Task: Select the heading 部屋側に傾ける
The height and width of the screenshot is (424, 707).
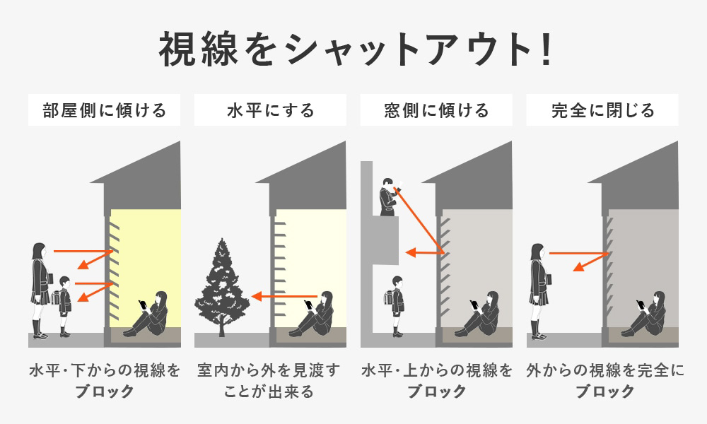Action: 104,110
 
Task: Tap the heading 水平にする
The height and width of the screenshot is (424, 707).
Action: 270,110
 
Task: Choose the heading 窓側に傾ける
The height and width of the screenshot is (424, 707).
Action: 436,110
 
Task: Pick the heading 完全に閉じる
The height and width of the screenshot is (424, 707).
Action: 602,110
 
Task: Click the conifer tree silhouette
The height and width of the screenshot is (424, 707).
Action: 221,287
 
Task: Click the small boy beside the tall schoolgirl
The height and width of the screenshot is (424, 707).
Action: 64,307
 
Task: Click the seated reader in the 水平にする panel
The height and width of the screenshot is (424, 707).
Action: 312,314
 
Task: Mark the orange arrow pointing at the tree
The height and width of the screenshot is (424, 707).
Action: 284,297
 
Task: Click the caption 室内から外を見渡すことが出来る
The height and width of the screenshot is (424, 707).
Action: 269,381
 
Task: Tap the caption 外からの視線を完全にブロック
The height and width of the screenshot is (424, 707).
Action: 605,381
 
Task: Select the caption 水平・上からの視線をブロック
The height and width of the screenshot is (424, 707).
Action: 436,381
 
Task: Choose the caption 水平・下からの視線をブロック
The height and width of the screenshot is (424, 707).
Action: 105,381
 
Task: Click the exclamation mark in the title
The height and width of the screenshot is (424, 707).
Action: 547,49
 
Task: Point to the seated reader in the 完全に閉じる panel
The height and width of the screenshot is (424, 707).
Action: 644,314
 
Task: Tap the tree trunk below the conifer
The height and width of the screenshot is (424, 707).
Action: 221,327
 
